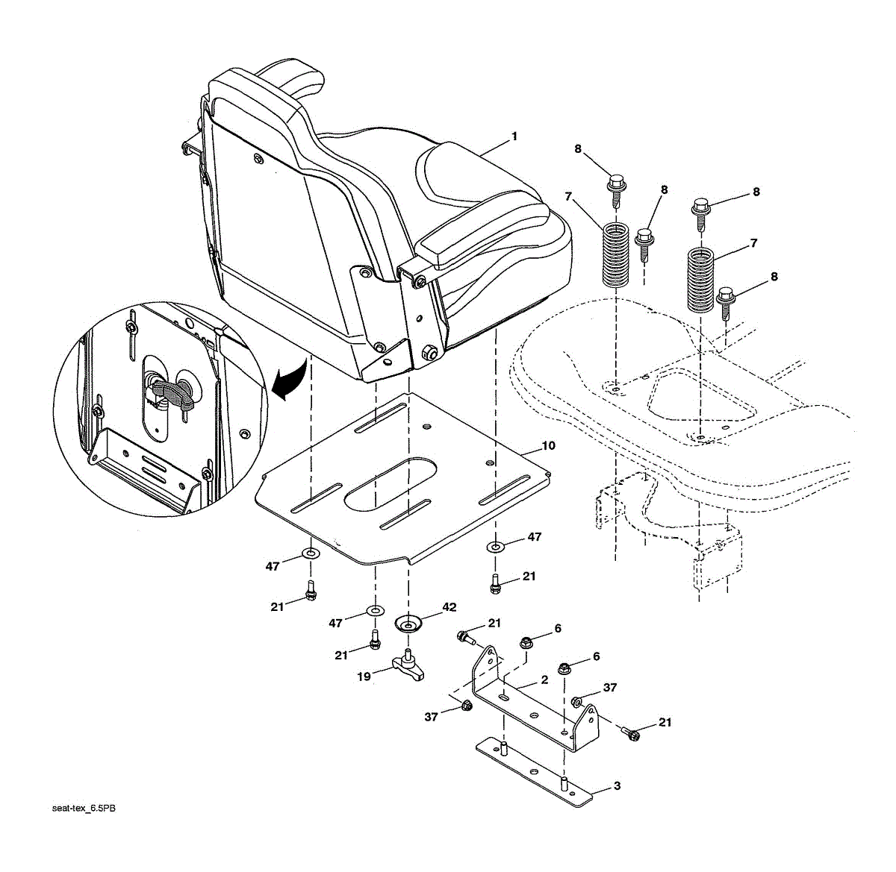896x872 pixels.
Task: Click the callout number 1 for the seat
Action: [514, 137]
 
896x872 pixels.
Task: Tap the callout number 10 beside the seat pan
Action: [548, 445]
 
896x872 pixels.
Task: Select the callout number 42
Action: [449, 607]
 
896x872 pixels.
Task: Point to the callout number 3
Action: [617, 785]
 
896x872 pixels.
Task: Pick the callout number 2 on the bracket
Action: [544, 680]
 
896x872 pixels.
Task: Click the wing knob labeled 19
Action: [409, 665]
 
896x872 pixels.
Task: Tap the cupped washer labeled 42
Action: [408, 621]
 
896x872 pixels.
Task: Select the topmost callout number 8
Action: [577, 149]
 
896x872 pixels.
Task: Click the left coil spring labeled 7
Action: [616, 254]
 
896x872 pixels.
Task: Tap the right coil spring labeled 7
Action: [701, 280]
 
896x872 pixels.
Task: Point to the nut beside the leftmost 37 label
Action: [466, 705]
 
